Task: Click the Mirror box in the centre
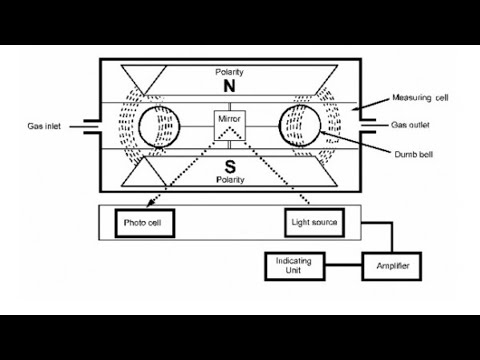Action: tap(229, 120)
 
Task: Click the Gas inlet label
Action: tap(46, 127)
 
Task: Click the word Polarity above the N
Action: tap(229, 72)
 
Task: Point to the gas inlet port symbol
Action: tap(89, 127)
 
